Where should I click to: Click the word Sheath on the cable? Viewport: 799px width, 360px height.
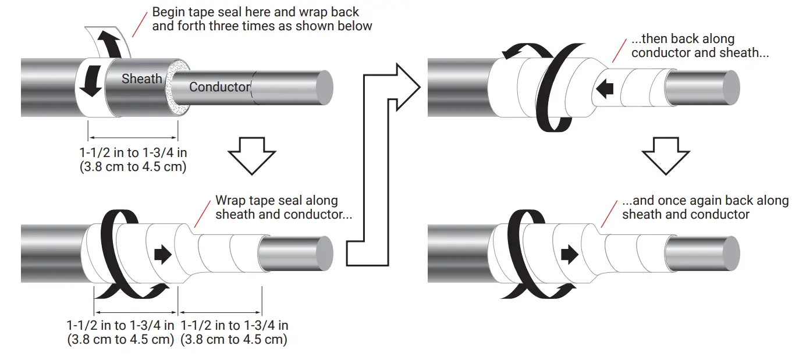click(141, 79)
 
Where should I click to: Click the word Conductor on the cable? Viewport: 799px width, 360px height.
click(219, 87)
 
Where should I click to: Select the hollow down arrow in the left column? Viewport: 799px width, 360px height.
click(251, 156)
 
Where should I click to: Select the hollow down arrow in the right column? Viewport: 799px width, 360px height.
click(666, 156)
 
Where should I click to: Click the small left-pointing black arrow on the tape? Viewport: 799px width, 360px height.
click(605, 88)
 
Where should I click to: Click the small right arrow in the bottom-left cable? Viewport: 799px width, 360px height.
click(164, 254)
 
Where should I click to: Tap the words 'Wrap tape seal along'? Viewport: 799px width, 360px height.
click(276, 201)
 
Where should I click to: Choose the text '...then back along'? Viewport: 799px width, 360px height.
click(683, 40)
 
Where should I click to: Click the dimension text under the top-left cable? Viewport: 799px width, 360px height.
click(133, 159)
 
